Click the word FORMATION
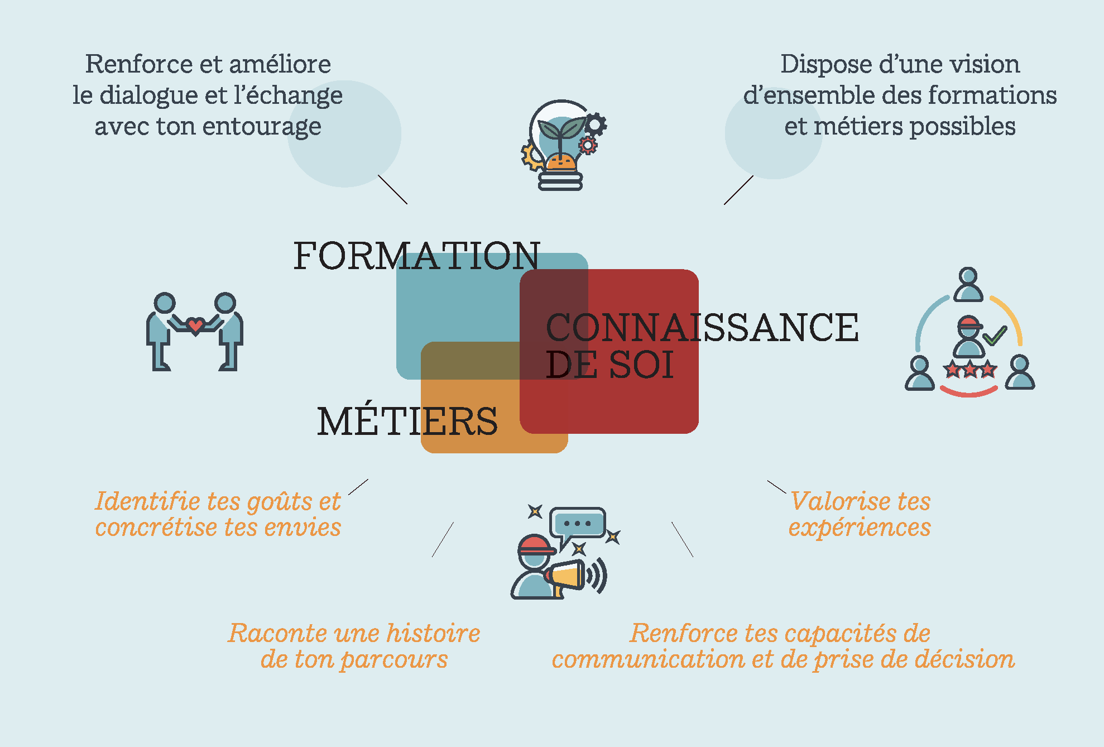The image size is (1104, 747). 417,256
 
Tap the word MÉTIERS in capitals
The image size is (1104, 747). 407,421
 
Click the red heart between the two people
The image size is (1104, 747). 195,325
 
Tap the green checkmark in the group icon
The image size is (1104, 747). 995,335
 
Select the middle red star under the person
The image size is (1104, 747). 970,369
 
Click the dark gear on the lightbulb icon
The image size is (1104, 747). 595,124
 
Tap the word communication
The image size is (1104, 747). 649,659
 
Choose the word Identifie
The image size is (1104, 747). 148,501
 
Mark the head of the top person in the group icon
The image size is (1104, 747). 968,276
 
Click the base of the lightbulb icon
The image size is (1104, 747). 560,181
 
